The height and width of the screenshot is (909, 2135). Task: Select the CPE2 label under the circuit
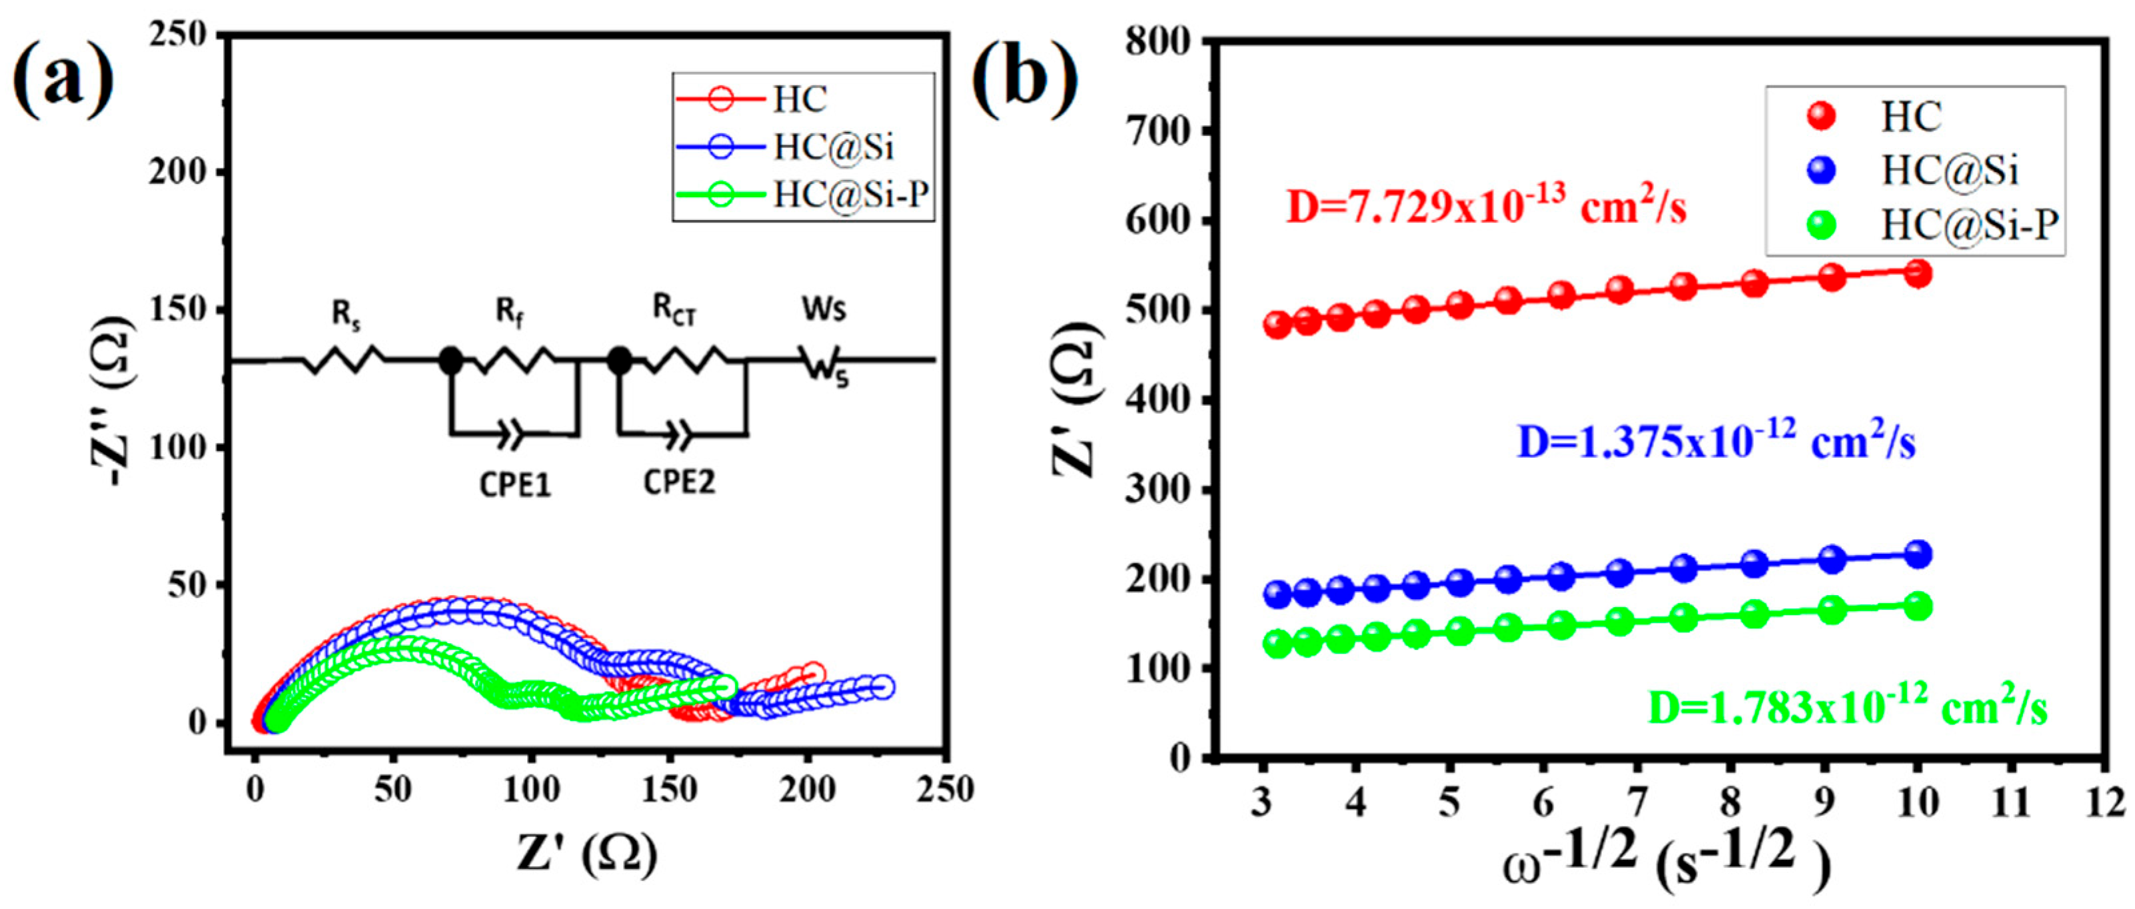coord(679,481)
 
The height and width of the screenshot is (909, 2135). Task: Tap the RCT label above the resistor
coord(674,310)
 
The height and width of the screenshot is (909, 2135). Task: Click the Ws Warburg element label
coord(824,309)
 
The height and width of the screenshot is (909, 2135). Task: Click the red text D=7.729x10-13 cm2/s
coord(1486,207)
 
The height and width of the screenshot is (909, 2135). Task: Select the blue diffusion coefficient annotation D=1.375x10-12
coord(1717,442)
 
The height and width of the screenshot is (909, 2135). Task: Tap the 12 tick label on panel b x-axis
coord(2104,803)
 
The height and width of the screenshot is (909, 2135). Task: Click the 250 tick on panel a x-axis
coord(944,789)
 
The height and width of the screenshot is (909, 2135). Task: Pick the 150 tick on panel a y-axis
coord(177,310)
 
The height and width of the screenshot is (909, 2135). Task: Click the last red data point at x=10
coord(1918,273)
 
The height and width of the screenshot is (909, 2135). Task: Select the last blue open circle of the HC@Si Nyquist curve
coord(883,686)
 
